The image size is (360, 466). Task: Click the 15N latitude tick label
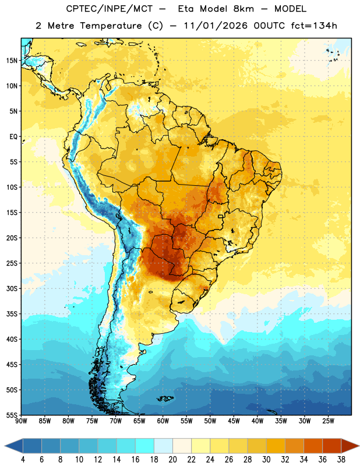(12, 61)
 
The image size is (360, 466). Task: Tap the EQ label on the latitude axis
(13, 137)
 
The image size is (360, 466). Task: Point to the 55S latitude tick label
(12, 415)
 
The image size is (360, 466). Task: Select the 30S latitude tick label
(12, 288)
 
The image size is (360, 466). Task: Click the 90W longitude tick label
(21, 421)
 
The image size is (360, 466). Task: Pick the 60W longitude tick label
(163, 421)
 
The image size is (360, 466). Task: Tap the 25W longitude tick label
(328, 421)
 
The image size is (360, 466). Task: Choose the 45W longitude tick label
(234, 421)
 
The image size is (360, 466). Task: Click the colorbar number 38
(341, 460)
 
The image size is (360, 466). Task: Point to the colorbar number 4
(23, 460)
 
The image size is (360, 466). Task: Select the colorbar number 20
(172, 460)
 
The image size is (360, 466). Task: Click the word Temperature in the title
(111, 26)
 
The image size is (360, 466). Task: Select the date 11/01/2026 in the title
(216, 26)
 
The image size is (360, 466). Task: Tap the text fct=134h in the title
(314, 26)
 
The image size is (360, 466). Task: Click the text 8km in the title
(243, 9)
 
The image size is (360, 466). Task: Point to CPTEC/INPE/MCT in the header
(110, 9)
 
